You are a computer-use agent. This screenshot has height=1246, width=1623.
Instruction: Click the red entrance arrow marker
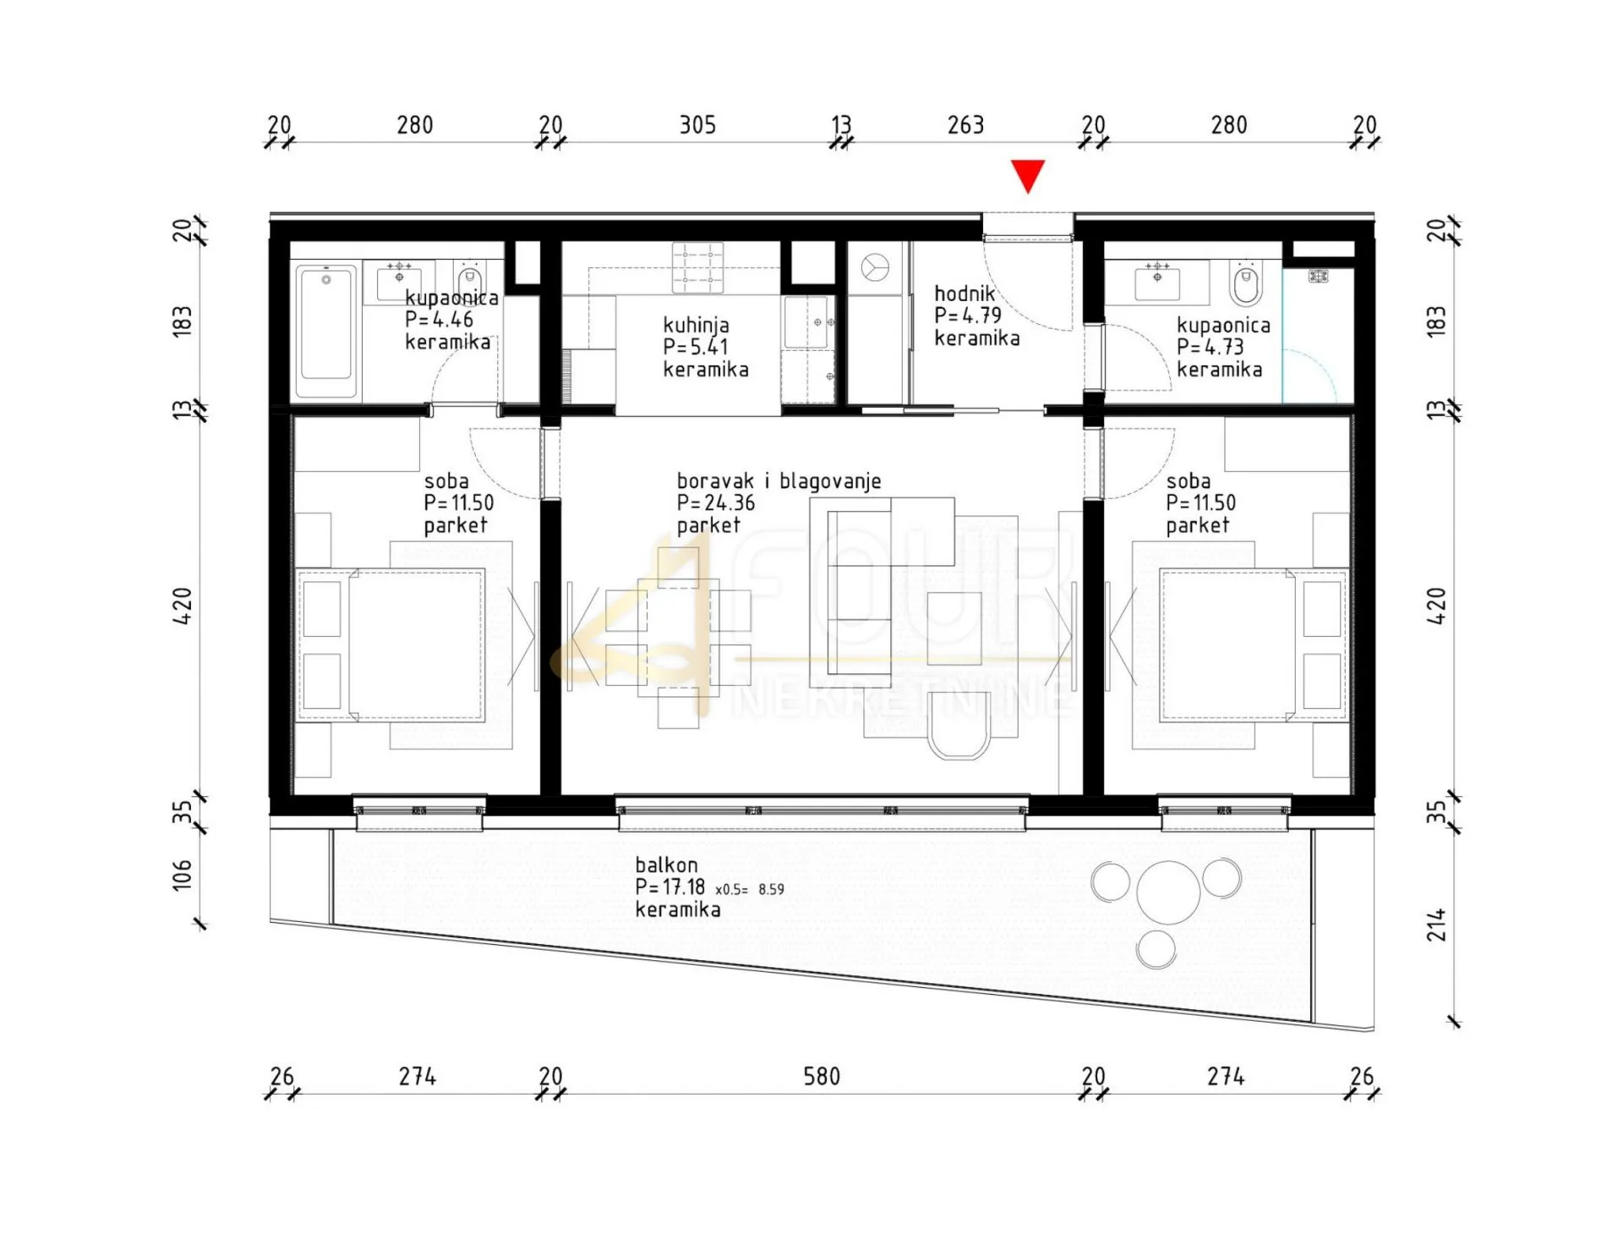tap(1028, 175)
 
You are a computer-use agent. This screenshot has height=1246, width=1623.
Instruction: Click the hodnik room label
tap(965, 294)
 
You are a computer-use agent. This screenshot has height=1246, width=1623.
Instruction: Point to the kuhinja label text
tap(696, 325)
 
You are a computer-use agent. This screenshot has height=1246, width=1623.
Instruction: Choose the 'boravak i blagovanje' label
tap(779, 481)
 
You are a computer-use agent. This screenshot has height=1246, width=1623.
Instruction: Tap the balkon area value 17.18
tap(684, 887)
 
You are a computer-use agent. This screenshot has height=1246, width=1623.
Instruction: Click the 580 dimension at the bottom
tap(822, 1077)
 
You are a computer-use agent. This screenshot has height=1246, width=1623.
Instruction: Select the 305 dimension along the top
tap(697, 125)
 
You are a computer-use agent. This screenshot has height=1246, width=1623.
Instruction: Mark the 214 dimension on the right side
tap(1436, 925)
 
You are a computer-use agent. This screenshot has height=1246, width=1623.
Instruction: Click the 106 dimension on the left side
tap(183, 875)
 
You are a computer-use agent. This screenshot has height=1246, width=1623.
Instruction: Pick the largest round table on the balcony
tap(1168, 892)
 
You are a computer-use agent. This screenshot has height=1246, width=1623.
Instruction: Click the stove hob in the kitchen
tap(697, 267)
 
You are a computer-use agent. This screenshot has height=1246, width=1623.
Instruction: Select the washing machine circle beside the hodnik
tap(875, 267)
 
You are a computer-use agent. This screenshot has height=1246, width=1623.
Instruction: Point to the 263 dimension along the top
tap(965, 125)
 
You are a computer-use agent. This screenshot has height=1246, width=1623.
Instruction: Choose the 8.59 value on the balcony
tap(771, 889)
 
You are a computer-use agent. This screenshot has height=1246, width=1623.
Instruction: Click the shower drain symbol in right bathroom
tap(1318, 276)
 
